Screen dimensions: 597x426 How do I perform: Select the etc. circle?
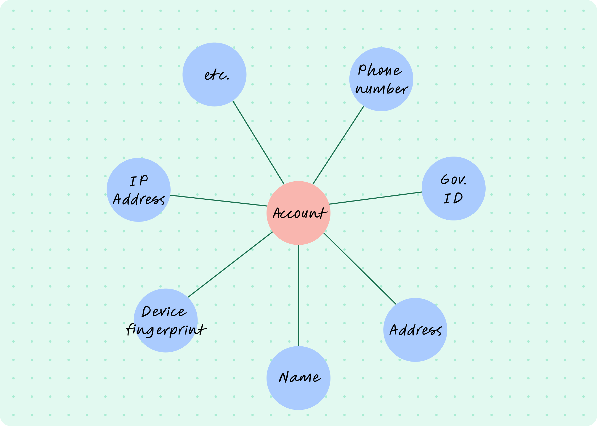(215, 75)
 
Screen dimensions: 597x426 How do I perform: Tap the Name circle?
(298, 378)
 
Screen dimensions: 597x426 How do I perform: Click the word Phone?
(380, 70)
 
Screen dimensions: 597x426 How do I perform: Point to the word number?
(382, 89)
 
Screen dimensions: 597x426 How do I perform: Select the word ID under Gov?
(453, 198)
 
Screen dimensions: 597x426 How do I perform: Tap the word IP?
(139, 181)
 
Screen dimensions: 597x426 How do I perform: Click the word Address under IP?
(139, 199)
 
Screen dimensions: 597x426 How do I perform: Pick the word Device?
(164, 312)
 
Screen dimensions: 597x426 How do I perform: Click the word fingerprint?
(166, 330)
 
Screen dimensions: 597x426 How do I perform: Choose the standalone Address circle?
(415, 330)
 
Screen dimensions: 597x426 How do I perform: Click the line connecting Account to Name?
(298, 296)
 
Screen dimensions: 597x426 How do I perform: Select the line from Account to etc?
(259, 142)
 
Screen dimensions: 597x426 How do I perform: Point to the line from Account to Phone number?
(338, 145)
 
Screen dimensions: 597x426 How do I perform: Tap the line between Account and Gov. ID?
(375, 198)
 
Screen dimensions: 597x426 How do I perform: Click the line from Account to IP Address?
(219, 201)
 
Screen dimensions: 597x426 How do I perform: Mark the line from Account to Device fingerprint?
(230, 264)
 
